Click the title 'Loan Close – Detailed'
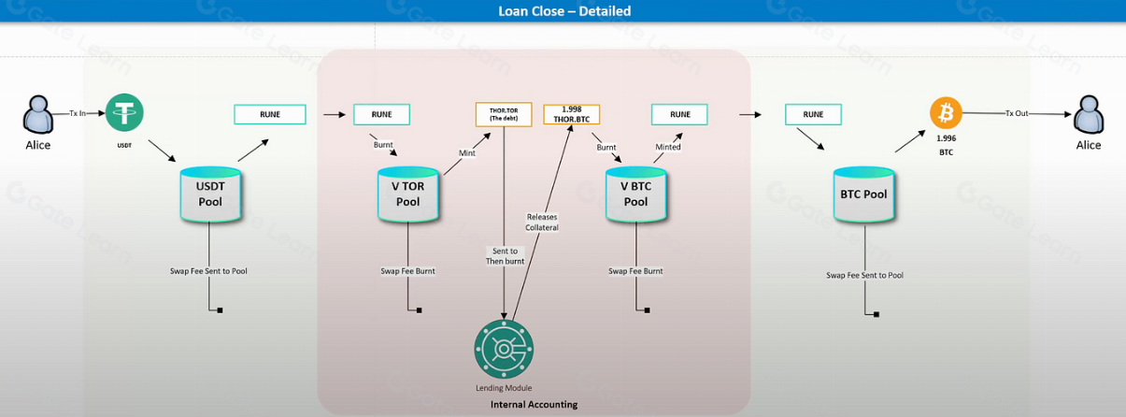563,11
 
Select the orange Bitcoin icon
945,113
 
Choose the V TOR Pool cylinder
407,194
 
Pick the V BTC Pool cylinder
635,194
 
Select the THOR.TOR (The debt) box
504,114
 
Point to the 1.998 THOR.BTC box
570,114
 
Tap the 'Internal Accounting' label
534,405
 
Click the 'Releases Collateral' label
542,222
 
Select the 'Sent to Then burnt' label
505,255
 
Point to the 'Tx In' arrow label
78,113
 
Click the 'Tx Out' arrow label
1016,113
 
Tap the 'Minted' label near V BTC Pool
668,147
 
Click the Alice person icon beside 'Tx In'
37,116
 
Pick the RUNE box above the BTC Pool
813,114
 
